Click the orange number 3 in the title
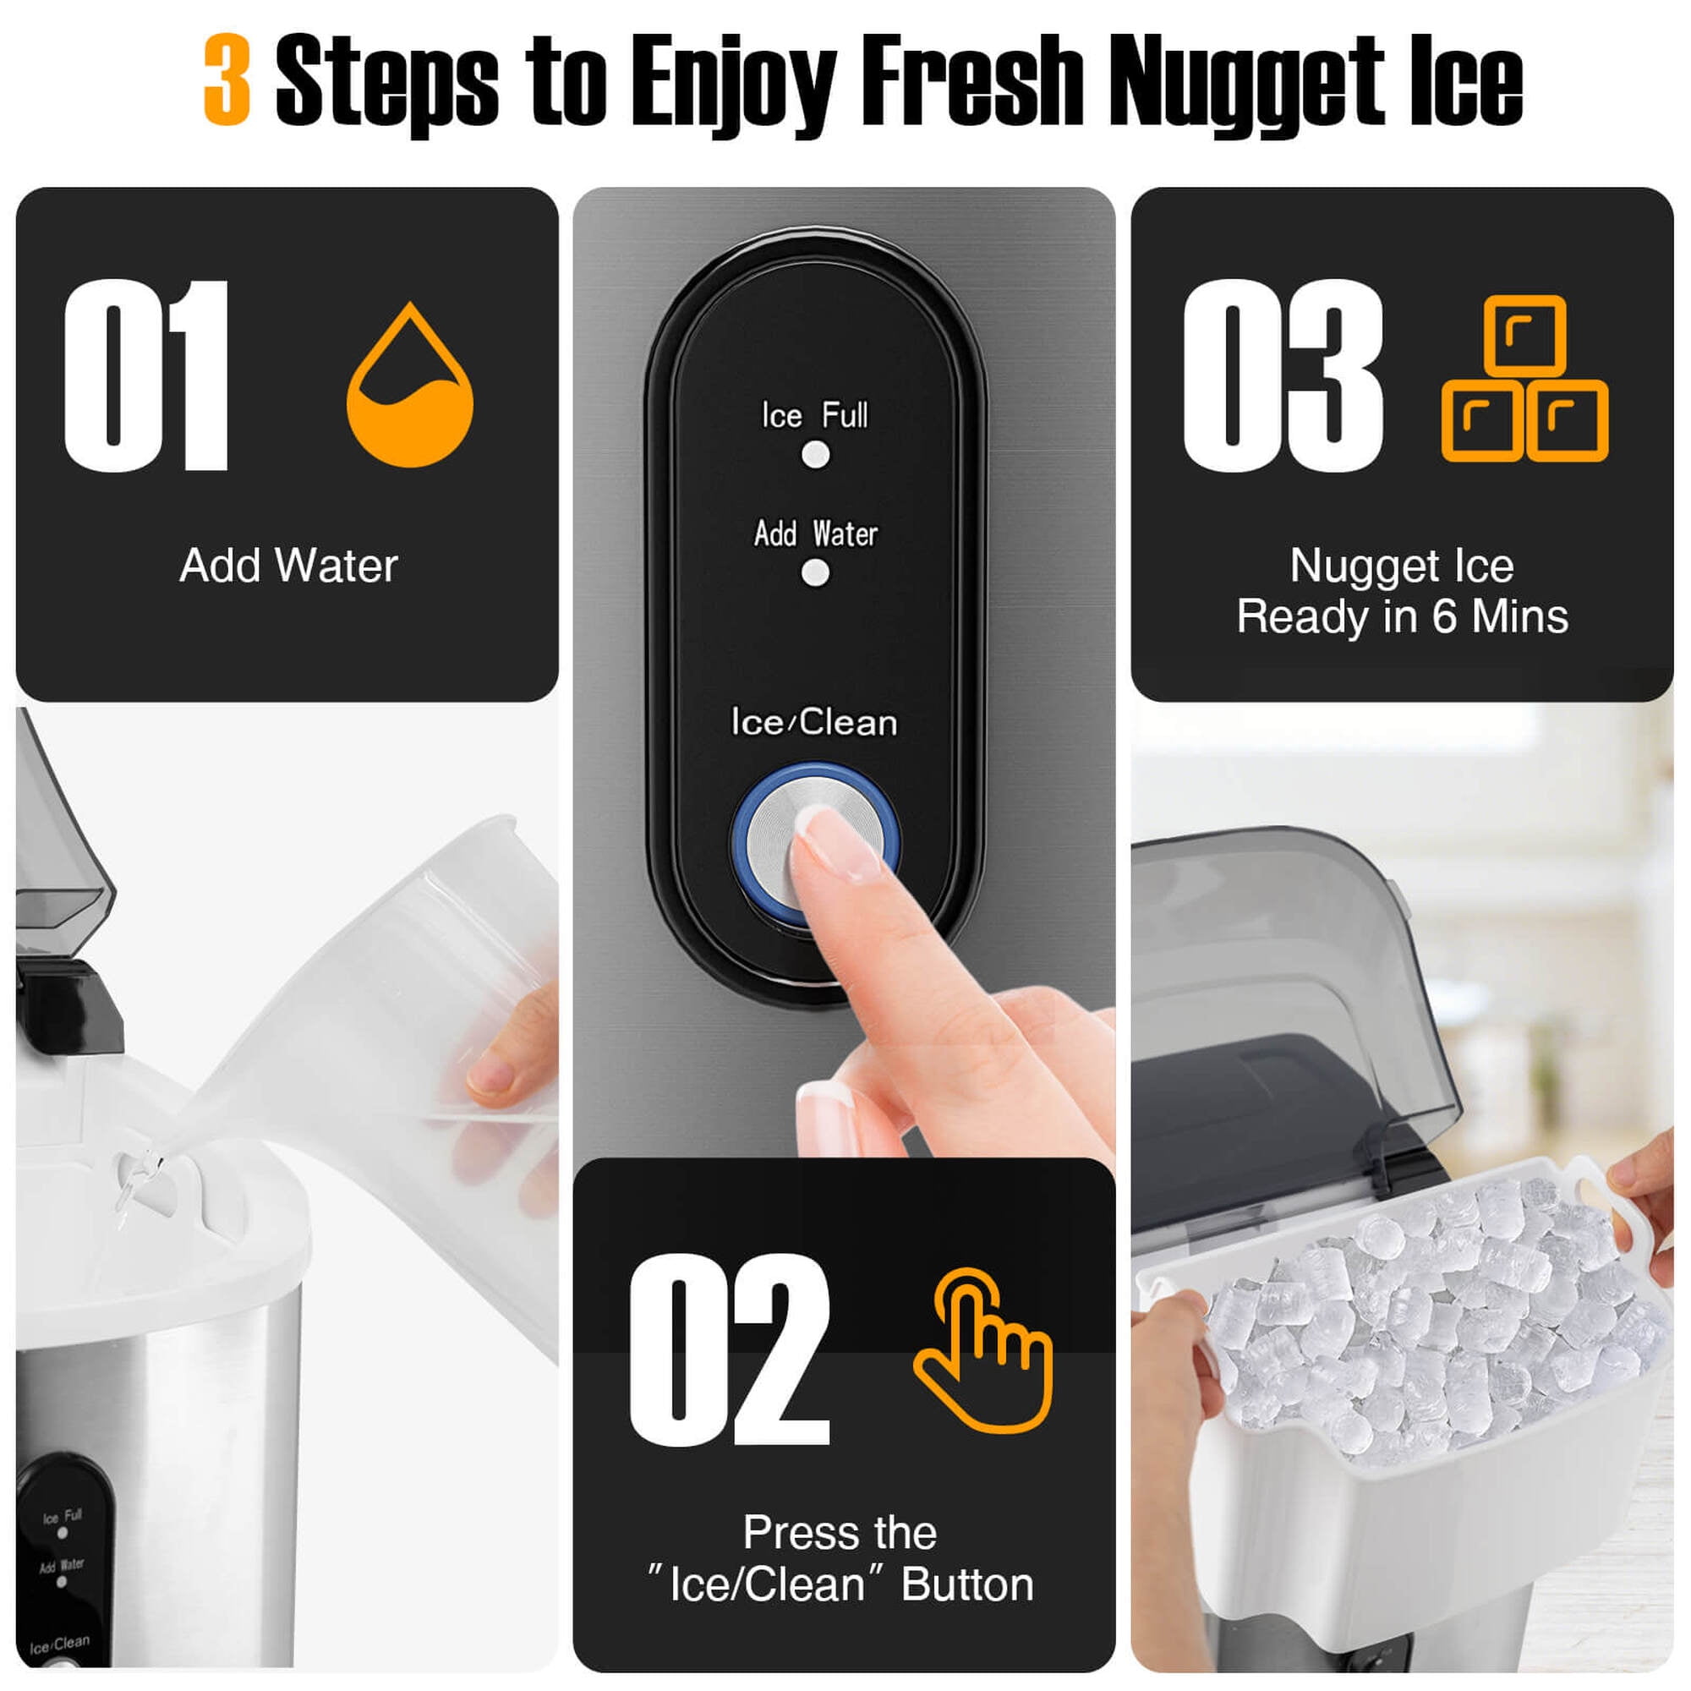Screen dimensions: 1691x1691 pyautogui.click(x=227, y=79)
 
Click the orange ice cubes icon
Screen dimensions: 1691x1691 pyautogui.click(x=1524, y=378)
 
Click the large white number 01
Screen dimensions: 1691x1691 pyautogui.click(x=146, y=376)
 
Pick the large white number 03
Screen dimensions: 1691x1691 pyautogui.click(x=1283, y=376)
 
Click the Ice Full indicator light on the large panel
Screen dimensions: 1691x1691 pyautogui.click(x=816, y=454)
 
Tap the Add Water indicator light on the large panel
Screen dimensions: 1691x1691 pyautogui.click(x=816, y=573)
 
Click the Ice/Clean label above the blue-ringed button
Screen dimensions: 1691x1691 pyautogui.click(x=814, y=723)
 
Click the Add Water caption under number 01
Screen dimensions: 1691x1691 pyautogui.click(x=289, y=566)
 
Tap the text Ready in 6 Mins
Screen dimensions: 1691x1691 pyautogui.click(x=1402, y=616)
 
